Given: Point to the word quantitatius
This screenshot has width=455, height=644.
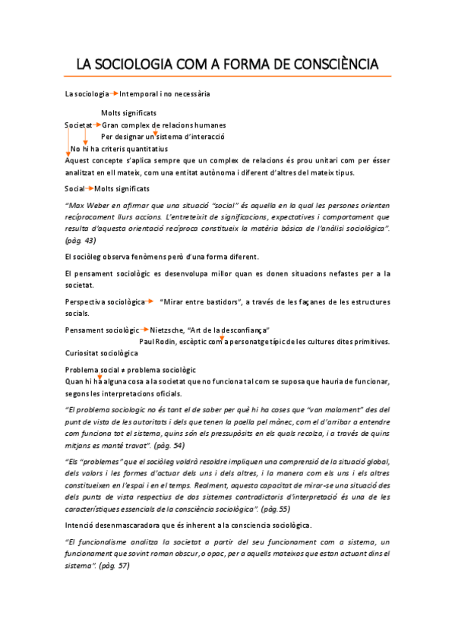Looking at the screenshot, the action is coord(145,149).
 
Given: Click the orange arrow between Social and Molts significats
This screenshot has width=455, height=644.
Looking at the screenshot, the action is coord(90,188).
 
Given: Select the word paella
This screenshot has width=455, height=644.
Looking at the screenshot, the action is coord(280,421).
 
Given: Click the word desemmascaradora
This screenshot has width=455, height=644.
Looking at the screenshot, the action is coord(131,525).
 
